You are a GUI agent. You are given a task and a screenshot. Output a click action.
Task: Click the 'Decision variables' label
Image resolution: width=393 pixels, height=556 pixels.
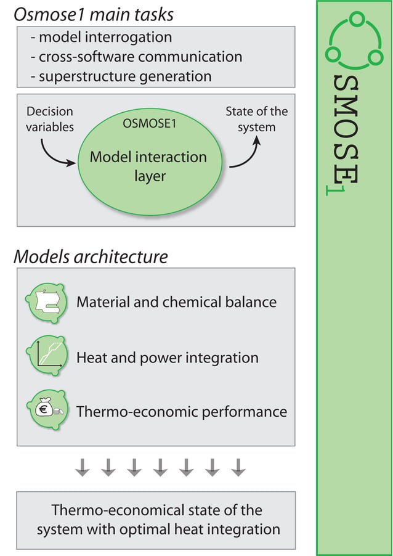[x=49, y=120]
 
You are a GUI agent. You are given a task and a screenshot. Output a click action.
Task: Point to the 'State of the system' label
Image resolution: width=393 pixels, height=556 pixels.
[x=256, y=120]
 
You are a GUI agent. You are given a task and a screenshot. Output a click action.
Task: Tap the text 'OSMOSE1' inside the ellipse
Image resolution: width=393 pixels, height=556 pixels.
[x=150, y=123]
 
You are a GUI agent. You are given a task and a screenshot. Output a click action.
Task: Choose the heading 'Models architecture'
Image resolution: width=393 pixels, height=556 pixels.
[x=91, y=256]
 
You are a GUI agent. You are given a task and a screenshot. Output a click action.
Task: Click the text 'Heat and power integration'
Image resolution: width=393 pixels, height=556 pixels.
[x=168, y=358]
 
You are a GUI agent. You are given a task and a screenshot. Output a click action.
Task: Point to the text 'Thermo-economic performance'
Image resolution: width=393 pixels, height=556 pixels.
[x=182, y=411]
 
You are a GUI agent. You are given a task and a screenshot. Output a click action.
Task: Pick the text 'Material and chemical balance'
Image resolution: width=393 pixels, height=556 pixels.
[x=176, y=302]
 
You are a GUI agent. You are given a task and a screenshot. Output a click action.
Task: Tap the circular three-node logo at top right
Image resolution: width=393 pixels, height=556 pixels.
[x=354, y=41]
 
